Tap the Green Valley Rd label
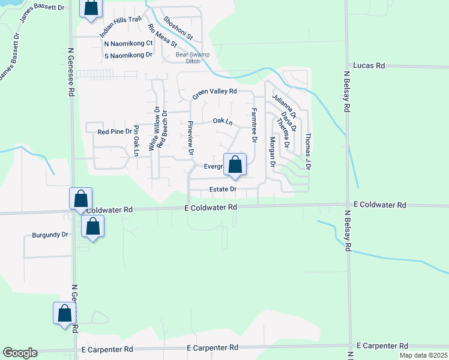click(x=215, y=94)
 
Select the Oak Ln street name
click(x=222, y=122)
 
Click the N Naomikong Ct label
click(x=128, y=43)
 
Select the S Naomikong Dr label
click(x=128, y=55)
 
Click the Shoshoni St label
click(x=181, y=28)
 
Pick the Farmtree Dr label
click(x=255, y=125)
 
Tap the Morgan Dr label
click(x=272, y=151)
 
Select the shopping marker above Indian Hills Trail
click(x=90, y=8)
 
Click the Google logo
click(x=20, y=353)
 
